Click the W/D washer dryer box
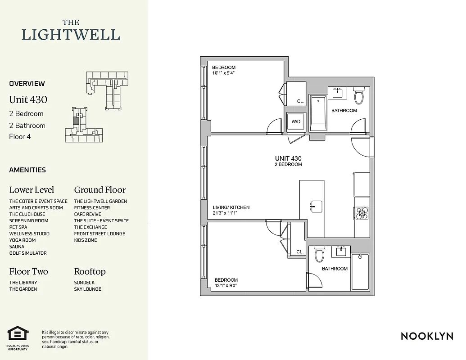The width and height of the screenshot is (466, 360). (x=296, y=122)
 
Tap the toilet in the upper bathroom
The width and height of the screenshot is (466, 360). (x=359, y=96)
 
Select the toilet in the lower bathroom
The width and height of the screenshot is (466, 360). (x=319, y=255)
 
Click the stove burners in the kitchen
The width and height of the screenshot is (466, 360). (x=362, y=213)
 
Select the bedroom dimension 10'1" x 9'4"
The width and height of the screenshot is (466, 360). (x=224, y=73)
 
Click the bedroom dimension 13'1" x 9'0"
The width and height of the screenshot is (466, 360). (x=226, y=285)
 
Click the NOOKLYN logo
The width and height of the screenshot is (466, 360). (x=427, y=336)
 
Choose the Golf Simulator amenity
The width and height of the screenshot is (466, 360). (x=28, y=253)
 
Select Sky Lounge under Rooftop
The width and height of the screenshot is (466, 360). (x=88, y=289)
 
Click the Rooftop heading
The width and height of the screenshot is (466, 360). (x=90, y=272)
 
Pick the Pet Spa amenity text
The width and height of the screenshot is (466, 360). (x=18, y=227)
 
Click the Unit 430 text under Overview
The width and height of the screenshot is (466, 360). (x=28, y=99)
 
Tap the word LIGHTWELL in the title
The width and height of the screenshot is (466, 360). (x=71, y=35)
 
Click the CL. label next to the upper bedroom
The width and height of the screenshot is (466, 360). (x=300, y=101)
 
